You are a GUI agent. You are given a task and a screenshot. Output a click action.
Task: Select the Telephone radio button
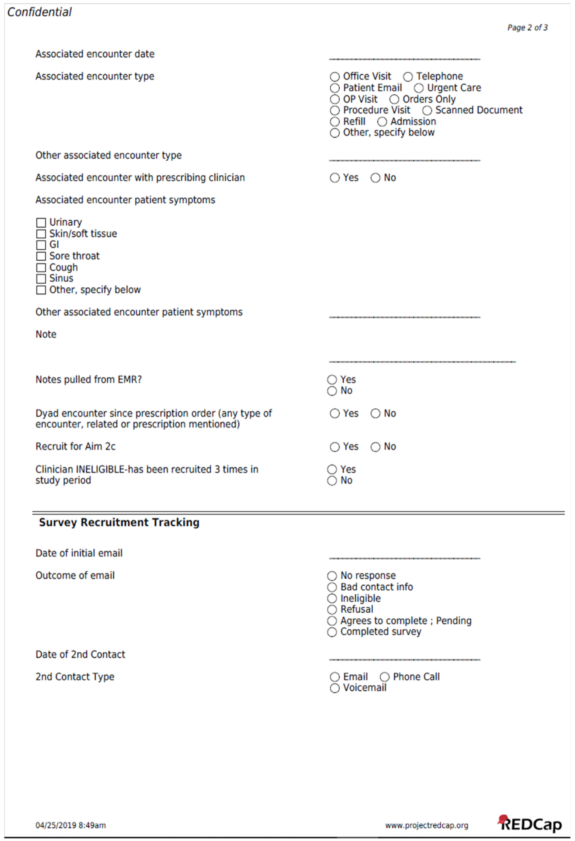pyautogui.click(x=408, y=77)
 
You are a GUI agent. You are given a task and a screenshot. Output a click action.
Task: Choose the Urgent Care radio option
pyautogui.click(x=418, y=88)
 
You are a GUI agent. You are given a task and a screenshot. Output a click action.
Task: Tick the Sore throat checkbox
pyautogui.click(x=41, y=256)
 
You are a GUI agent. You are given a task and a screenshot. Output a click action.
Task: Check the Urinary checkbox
pyautogui.click(x=41, y=222)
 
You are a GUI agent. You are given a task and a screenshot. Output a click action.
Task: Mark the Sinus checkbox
pyautogui.click(x=41, y=279)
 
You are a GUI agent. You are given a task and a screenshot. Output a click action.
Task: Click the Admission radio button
pyautogui.click(x=382, y=122)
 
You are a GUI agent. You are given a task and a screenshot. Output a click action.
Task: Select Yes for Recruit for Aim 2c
pyautogui.click(x=335, y=447)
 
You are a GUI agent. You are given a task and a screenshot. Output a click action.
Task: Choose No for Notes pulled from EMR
pyautogui.click(x=332, y=391)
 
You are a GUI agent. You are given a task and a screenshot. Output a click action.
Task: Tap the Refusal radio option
pyautogui.click(x=332, y=610)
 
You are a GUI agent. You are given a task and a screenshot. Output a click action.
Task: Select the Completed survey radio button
pyautogui.click(x=332, y=632)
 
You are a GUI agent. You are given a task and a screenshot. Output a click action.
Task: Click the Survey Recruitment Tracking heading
pyautogui.click(x=119, y=523)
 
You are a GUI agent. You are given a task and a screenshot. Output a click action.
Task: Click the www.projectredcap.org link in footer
pyautogui.click(x=426, y=825)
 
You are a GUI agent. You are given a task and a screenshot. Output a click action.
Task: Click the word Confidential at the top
pyautogui.click(x=39, y=12)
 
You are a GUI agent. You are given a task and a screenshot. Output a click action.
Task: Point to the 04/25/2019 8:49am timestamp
pyautogui.click(x=71, y=825)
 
